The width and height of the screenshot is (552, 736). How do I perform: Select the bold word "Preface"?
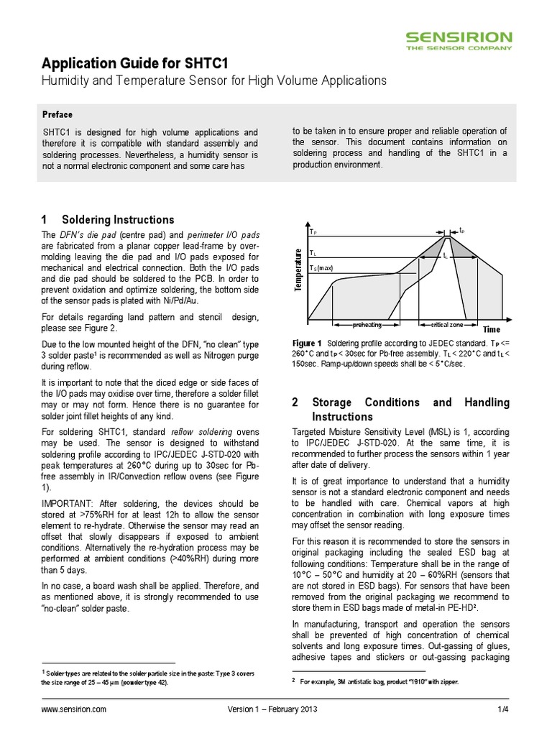pos(57,114)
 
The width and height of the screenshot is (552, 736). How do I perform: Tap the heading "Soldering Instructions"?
pos(118,219)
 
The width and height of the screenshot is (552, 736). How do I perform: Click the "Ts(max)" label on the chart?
pos(323,268)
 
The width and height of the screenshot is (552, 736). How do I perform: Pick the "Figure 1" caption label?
pos(307,343)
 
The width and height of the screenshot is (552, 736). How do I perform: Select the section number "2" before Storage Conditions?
pos(295,402)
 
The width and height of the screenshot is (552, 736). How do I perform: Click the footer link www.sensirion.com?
pos(74,709)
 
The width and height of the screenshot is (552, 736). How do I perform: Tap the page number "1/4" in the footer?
pos(503,709)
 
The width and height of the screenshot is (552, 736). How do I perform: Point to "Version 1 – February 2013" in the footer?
pos(272,709)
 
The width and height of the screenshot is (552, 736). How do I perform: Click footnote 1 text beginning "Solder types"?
pos(108,676)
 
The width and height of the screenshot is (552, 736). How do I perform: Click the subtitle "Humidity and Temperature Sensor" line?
pos(213,80)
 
